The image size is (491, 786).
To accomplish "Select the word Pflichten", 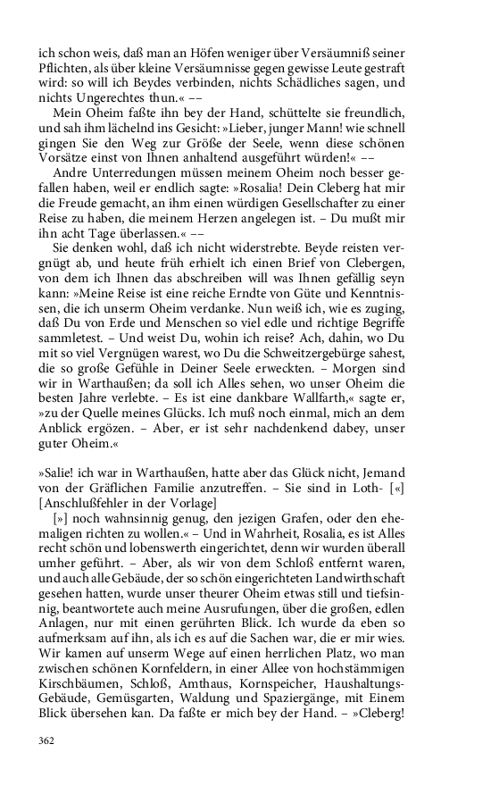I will (x=62, y=65).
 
